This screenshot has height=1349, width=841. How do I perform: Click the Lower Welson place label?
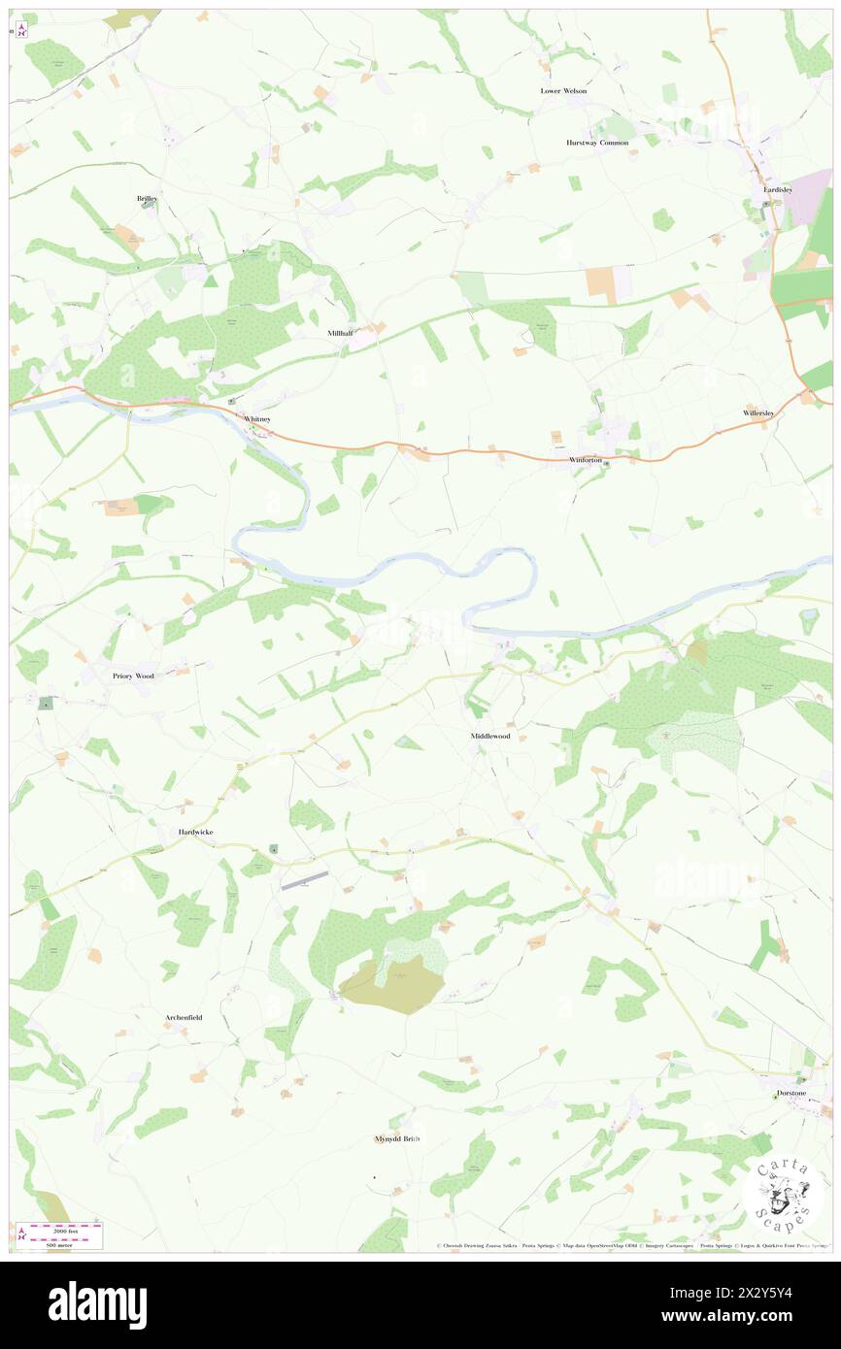pos(563,90)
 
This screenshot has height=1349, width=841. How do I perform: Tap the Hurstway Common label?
pos(597,143)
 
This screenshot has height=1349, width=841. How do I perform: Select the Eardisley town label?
pos(777,189)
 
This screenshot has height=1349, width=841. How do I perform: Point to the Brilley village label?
pos(147,198)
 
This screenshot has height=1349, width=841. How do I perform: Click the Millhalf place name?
pos(341,333)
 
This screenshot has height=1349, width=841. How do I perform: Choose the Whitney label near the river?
pos(257,418)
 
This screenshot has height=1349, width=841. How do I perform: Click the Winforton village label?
pos(586,459)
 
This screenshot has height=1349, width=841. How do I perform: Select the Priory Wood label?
pos(133,675)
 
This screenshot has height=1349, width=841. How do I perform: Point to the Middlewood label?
pos(490,737)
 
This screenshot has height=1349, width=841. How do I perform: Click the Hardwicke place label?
pos(196,833)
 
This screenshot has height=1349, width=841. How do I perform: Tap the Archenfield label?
pos(183,1017)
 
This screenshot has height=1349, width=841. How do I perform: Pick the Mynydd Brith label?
pos(396,1138)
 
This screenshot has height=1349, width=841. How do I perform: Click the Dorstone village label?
pos(791,1093)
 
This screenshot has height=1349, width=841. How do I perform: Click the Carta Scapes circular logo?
pos(783,1195)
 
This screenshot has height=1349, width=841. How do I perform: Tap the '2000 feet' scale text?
pos(65,1229)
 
